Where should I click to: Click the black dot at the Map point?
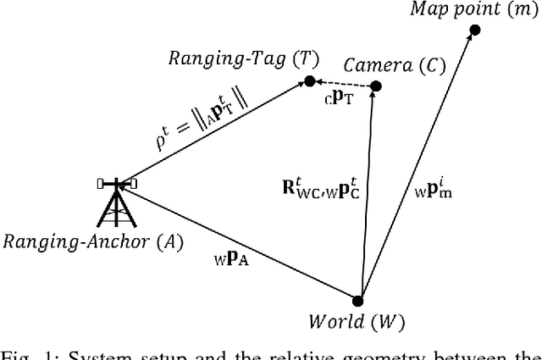[475, 30]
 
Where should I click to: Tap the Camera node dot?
[376, 86]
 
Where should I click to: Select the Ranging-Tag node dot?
[310, 81]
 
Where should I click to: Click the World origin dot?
[357, 300]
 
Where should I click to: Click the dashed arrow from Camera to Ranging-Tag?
[344, 84]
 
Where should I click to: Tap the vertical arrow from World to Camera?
[366, 195]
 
